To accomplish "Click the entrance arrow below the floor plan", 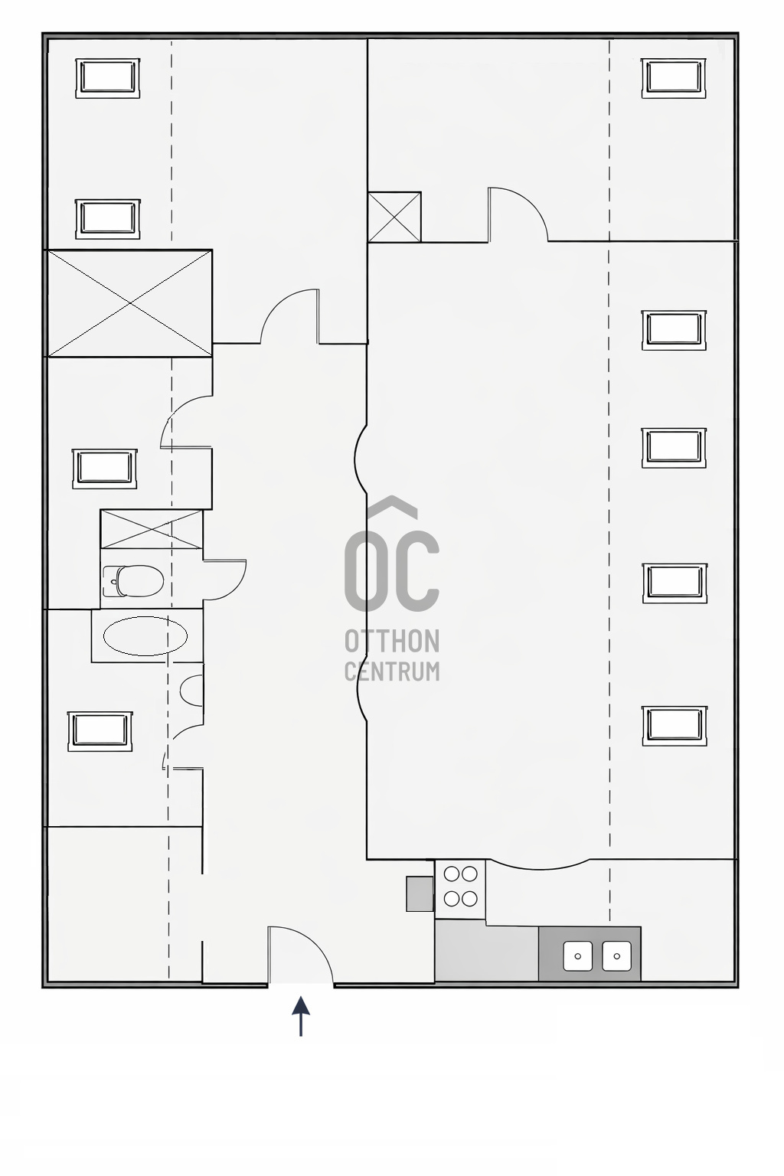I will (x=301, y=1016).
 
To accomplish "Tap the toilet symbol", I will (x=133, y=581).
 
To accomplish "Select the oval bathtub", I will (x=145, y=636).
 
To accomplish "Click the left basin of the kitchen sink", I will (x=578, y=955).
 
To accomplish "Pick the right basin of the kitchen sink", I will (x=616, y=955).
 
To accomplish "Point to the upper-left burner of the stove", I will (x=452, y=874).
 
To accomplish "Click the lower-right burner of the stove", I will (x=470, y=899).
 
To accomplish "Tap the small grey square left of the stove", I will (x=420, y=893).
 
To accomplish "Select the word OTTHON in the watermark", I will (x=392, y=641).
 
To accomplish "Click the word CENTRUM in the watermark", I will (x=392, y=671).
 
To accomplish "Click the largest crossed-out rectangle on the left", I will (x=129, y=303).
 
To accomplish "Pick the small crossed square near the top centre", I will (x=394, y=217).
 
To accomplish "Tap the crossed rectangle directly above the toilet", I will (x=152, y=529).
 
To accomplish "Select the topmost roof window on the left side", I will (x=108, y=77).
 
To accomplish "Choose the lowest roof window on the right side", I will (x=674, y=725).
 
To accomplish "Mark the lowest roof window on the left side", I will (x=100, y=731).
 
